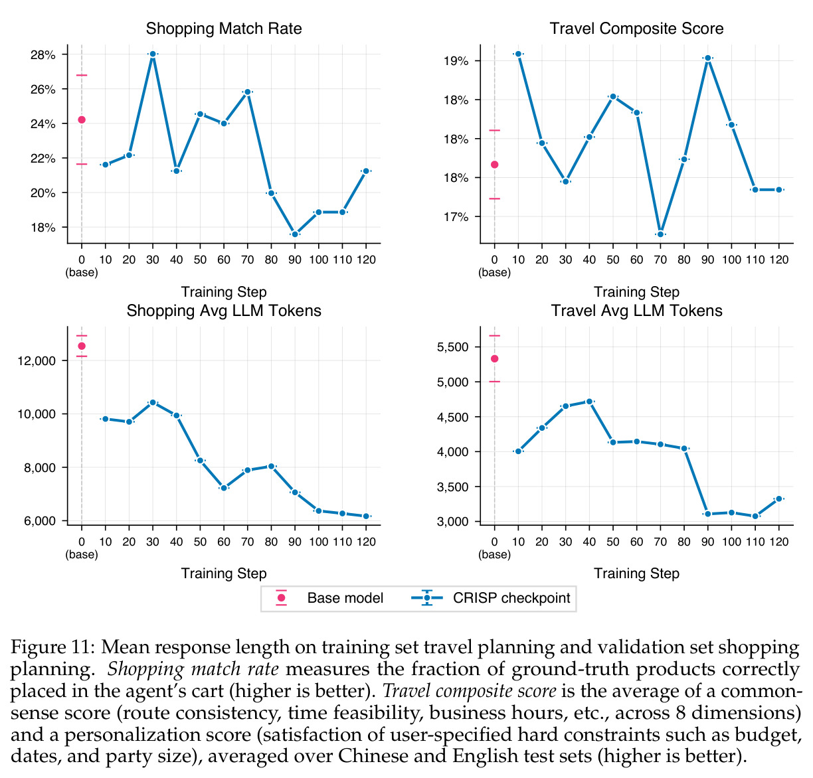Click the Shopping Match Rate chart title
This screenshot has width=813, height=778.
[224, 29]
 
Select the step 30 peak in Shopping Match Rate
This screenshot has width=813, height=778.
[153, 54]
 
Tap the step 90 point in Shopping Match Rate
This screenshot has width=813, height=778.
[294, 234]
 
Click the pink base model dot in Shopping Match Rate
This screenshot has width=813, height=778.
[82, 120]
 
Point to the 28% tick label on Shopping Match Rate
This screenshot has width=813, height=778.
[43, 54]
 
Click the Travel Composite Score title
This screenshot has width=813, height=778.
[636, 29]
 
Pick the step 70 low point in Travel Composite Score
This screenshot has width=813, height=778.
[660, 234]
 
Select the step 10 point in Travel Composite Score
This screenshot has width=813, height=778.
[518, 54]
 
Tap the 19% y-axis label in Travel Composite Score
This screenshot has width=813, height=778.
[456, 61]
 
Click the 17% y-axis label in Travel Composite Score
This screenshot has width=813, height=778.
[456, 216]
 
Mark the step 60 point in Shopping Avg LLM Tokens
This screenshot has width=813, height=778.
[224, 488]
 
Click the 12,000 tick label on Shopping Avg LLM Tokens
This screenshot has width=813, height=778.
[37, 361]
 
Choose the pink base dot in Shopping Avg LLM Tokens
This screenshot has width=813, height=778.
[82, 346]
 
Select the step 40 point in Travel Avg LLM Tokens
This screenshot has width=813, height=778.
[589, 402]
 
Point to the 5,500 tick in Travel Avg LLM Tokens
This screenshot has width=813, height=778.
[452, 347]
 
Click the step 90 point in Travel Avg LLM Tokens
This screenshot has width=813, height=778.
[707, 514]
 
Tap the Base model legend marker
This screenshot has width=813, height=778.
[281, 597]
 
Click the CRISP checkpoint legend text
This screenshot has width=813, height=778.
[511, 598]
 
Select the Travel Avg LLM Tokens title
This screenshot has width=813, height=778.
[636, 311]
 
